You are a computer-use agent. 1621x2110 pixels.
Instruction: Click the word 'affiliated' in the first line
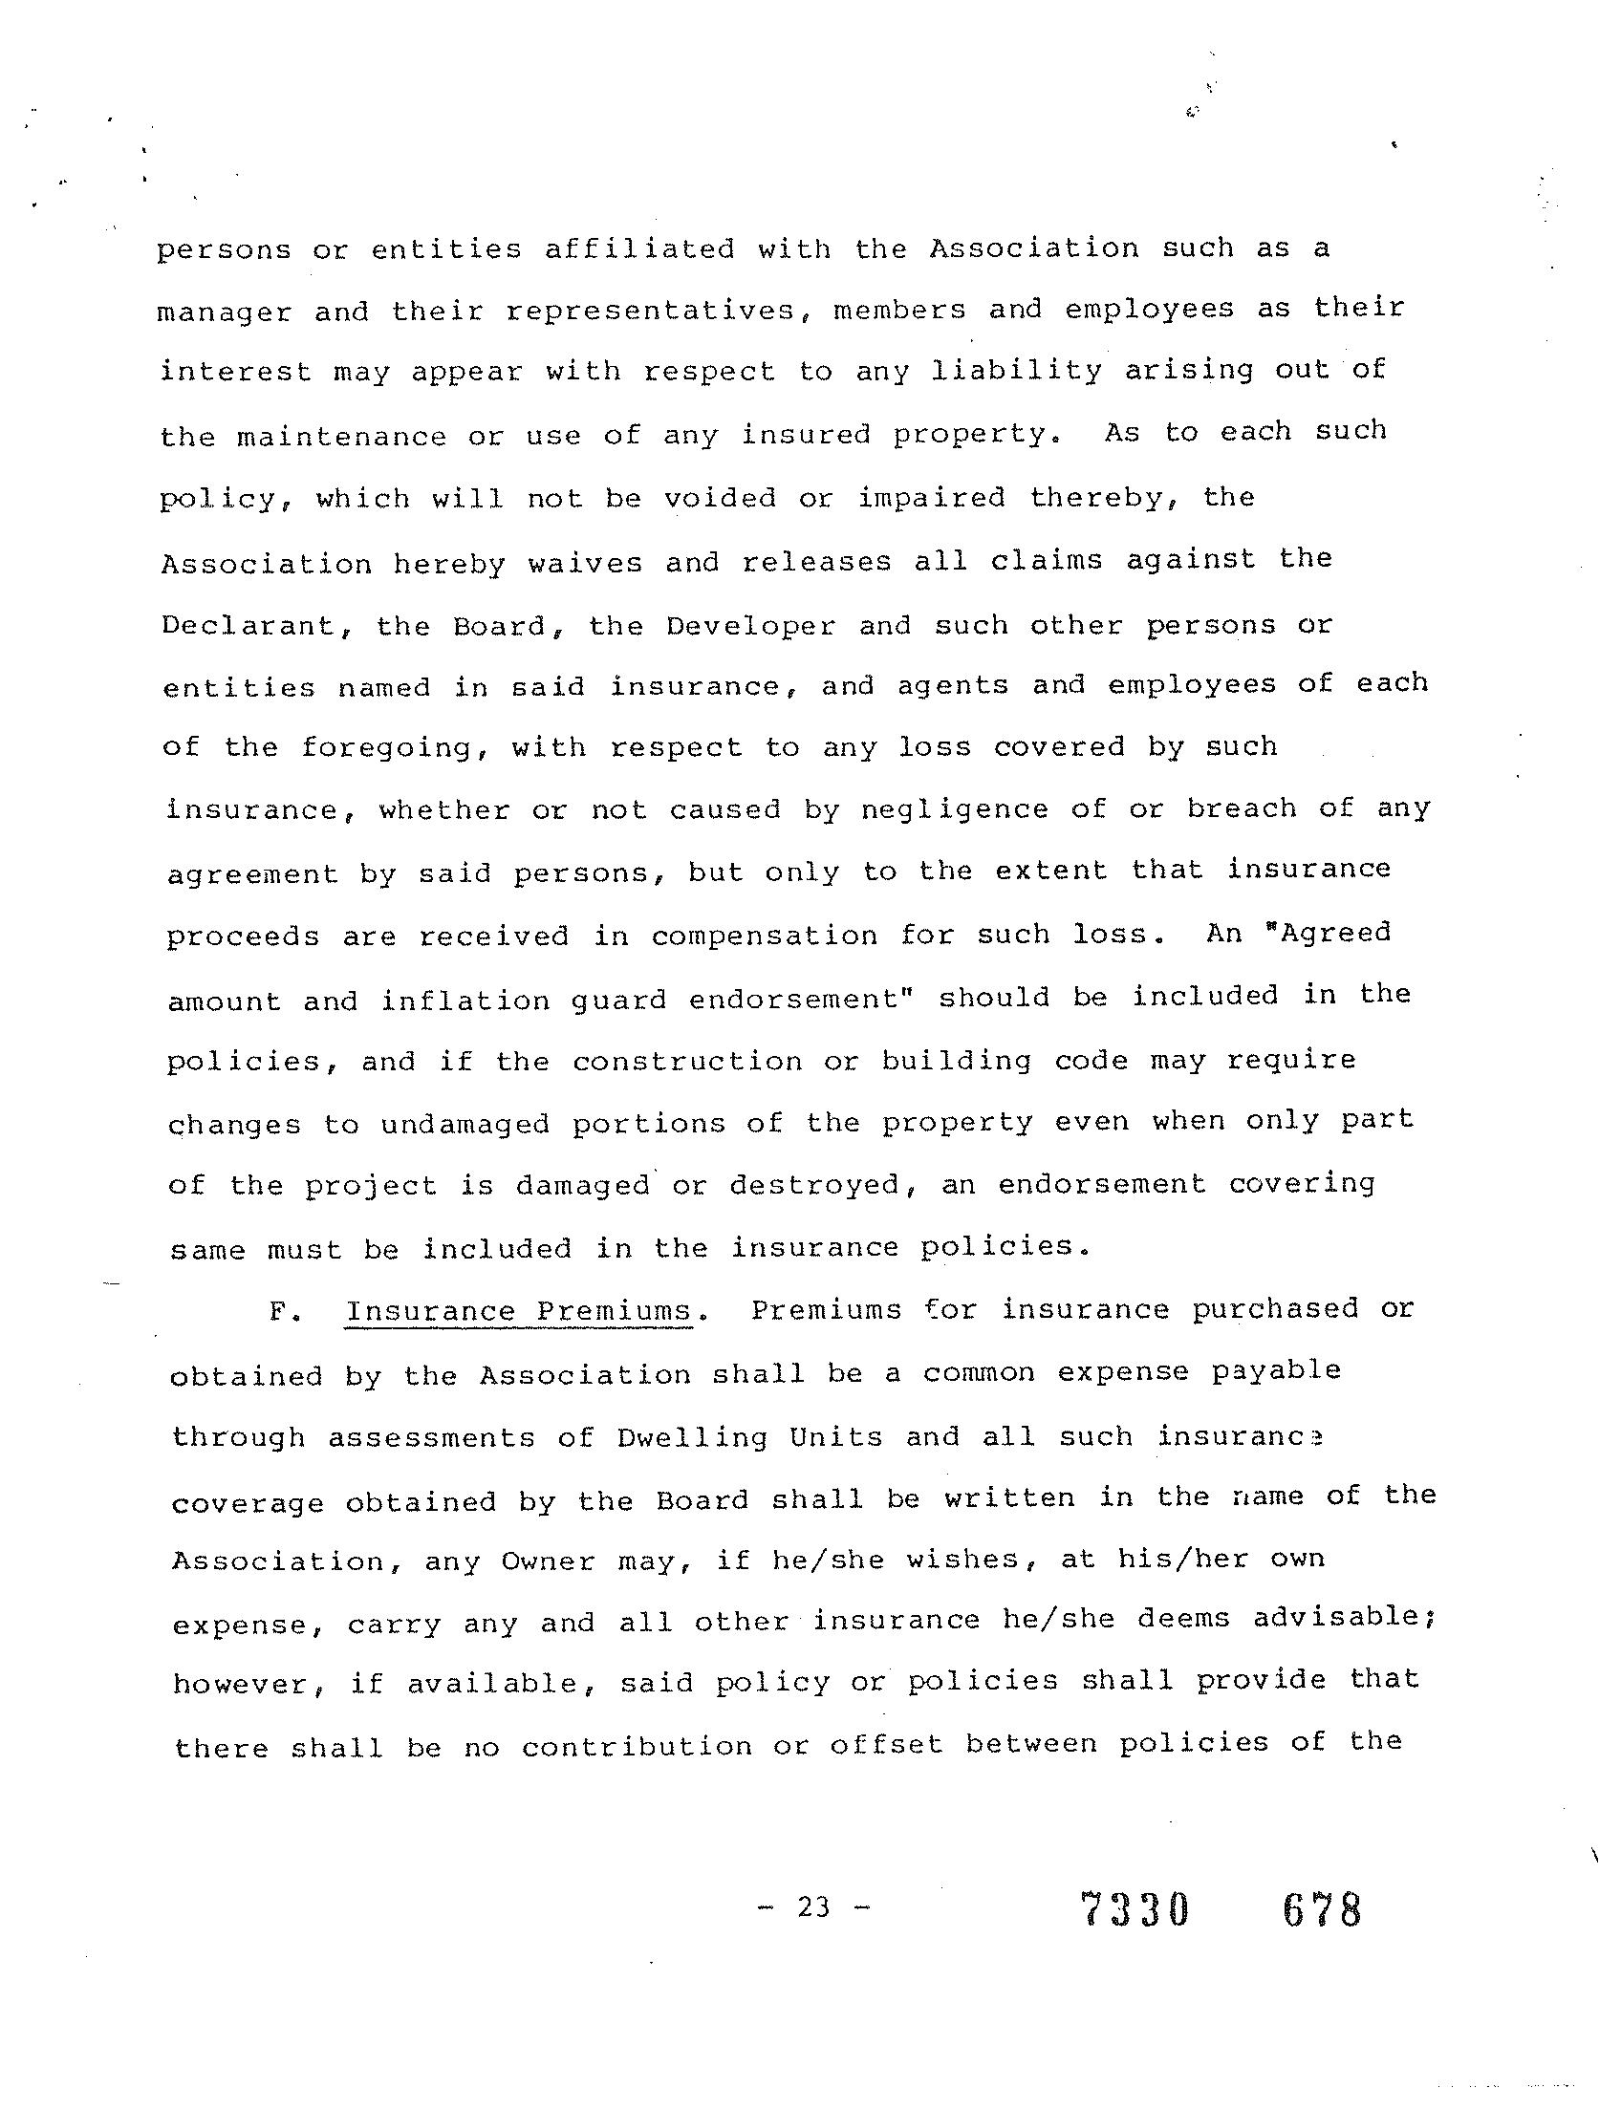(x=638, y=248)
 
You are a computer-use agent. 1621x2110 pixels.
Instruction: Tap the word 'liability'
(x=1016, y=372)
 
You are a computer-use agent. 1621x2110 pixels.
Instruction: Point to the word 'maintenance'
(x=341, y=436)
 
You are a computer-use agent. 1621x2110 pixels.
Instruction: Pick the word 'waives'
(x=585, y=563)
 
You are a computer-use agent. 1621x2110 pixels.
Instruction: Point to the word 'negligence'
(x=954, y=809)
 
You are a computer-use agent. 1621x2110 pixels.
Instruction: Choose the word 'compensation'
(x=765, y=936)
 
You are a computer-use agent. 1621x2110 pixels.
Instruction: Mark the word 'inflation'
(x=465, y=1000)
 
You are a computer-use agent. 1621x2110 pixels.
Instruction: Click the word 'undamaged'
(x=465, y=1124)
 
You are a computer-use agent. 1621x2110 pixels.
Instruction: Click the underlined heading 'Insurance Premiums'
(x=518, y=1311)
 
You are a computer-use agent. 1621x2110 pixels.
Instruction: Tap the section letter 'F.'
(x=283, y=1312)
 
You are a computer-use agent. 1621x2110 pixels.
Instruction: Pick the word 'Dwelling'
(x=691, y=1437)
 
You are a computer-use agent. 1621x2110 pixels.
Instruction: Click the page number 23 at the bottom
(x=813, y=1906)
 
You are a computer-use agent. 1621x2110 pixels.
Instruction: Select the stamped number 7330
(x=1135, y=1909)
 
